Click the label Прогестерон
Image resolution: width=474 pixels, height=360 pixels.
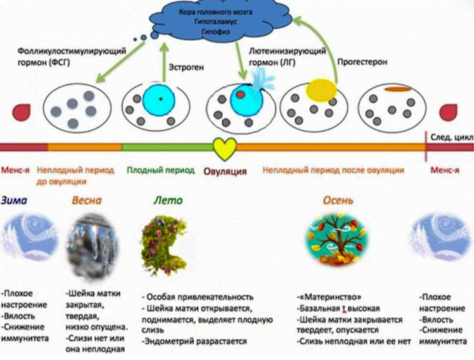tap(363, 61)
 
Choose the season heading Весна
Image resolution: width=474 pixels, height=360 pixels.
tap(87, 200)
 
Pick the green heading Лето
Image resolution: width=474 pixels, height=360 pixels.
tap(168, 200)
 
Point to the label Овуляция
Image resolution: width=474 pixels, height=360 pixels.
tap(224, 171)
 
